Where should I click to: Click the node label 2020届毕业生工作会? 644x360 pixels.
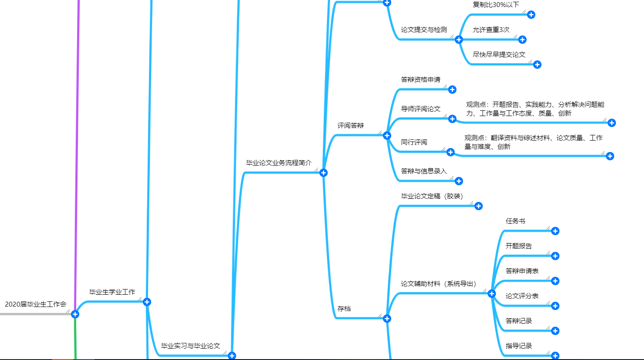[x=35, y=304]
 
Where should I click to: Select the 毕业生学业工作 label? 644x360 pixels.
[x=112, y=292]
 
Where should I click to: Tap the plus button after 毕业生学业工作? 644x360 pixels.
[x=147, y=302]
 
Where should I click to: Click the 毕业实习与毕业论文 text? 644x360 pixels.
[x=191, y=346]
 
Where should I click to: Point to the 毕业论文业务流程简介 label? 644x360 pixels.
[x=279, y=162]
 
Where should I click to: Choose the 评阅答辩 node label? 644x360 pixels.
[x=350, y=125]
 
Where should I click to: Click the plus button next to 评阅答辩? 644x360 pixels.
[x=387, y=135]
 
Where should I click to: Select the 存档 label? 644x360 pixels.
[x=344, y=308]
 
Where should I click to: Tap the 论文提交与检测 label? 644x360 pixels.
[x=424, y=29]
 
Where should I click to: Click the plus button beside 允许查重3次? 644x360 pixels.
[x=522, y=39]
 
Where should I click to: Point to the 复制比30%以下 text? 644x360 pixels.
[x=495, y=4]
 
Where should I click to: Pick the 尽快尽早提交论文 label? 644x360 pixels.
[x=499, y=54]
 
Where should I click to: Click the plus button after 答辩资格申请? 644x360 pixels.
[x=453, y=89]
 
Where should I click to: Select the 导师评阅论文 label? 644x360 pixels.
[x=421, y=109]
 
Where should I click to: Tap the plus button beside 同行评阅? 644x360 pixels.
[x=451, y=152]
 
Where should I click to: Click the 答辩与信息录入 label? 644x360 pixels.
[x=424, y=171]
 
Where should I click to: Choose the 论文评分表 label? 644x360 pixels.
[x=522, y=296]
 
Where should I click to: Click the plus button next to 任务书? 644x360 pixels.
[x=555, y=231]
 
